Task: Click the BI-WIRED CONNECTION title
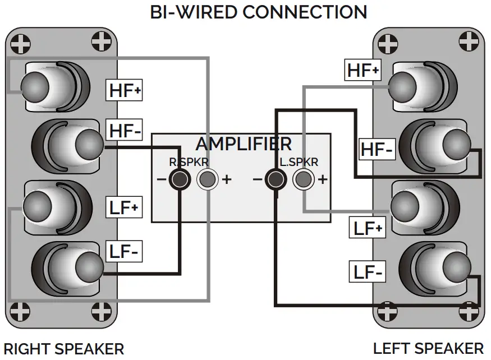click(x=259, y=12)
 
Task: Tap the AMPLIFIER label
click(x=244, y=144)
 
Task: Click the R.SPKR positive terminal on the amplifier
click(x=207, y=179)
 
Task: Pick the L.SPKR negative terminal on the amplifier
click(x=275, y=179)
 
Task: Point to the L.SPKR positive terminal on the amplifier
click(x=302, y=179)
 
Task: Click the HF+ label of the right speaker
click(x=125, y=90)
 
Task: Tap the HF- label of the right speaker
click(x=125, y=131)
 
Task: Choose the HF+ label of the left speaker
click(x=363, y=70)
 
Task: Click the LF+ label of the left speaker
click(x=368, y=228)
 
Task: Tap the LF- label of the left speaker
click(x=368, y=272)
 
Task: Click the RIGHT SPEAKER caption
click(x=63, y=348)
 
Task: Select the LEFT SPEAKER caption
click(x=428, y=348)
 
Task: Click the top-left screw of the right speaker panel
click(x=21, y=42)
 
